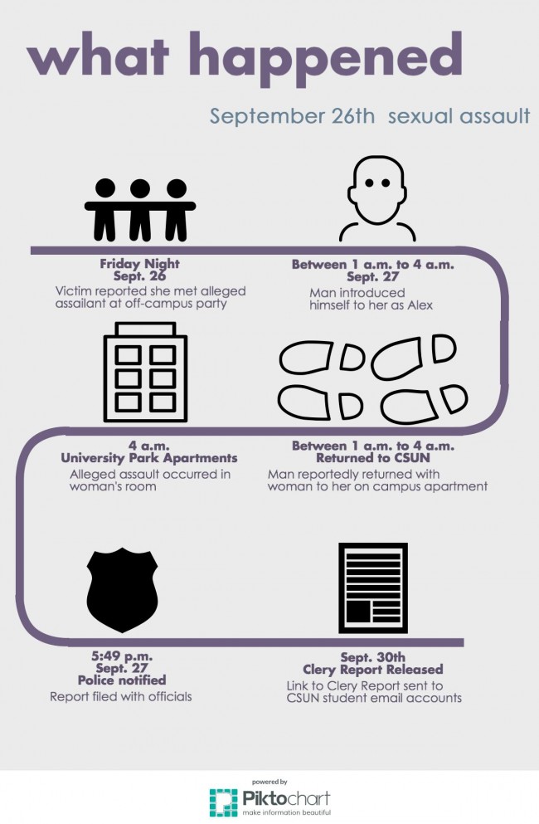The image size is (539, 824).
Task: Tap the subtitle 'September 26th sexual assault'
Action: tap(369, 115)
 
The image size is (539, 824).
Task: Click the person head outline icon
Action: tap(377, 199)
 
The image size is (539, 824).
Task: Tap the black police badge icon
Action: tap(122, 589)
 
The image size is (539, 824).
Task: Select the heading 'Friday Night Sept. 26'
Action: tap(139, 271)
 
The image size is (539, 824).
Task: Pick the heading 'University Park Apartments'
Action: tap(149, 458)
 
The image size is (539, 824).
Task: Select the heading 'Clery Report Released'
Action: tap(372, 669)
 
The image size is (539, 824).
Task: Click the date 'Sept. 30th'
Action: tap(372, 656)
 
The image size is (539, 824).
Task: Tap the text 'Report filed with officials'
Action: tap(121, 696)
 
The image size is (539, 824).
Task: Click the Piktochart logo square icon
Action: tap(223, 802)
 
